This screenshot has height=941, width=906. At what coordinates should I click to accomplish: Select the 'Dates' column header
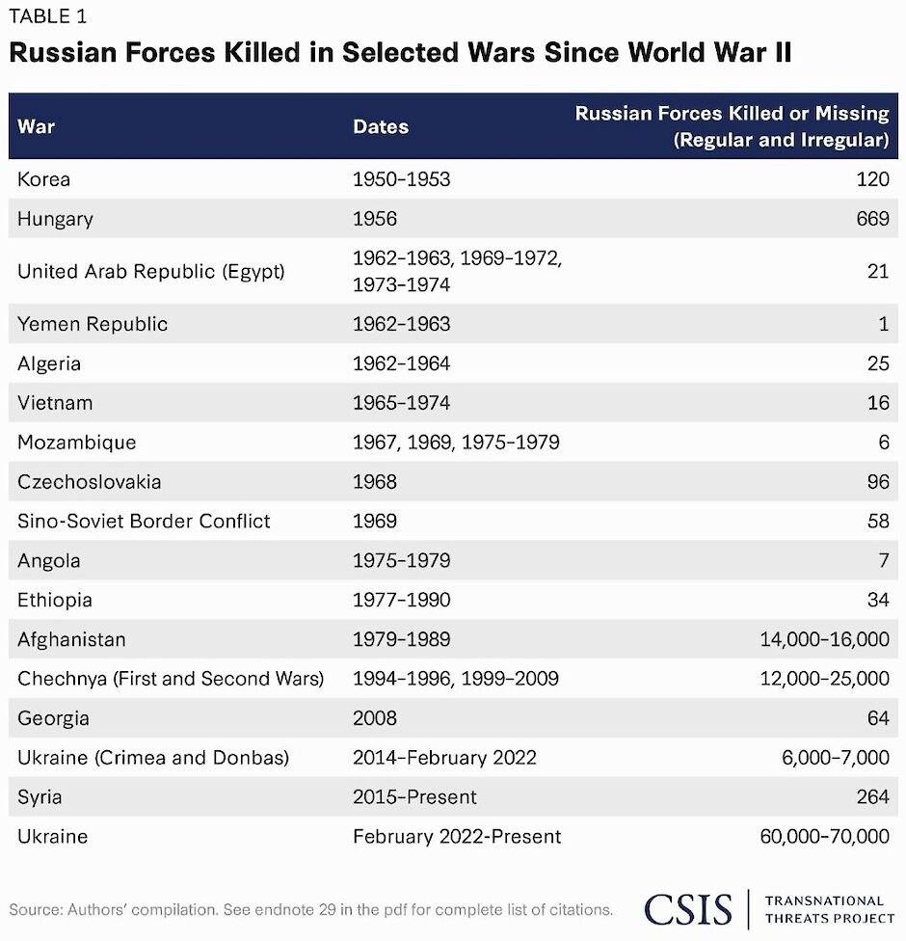[x=381, y=126]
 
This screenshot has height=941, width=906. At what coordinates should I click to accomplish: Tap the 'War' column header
[x=36, y=126]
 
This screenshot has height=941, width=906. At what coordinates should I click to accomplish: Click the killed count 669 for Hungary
[x=871, y=219]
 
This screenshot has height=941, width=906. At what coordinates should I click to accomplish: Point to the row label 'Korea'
[x=43, y=179]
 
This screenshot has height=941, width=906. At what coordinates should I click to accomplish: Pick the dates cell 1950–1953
[x=401, y=179]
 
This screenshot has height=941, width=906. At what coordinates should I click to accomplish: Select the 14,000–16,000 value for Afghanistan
[x=824, y=639]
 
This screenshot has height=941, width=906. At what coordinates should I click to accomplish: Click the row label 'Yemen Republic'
[x=93, y=324]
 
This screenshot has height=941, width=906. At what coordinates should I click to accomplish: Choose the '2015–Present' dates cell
[x=414, y=797]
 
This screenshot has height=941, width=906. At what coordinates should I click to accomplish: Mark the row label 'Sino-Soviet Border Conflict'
[x=144, y=521]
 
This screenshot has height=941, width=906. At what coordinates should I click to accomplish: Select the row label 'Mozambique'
[x=76, y=443]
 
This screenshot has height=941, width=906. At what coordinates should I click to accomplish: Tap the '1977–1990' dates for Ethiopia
[x=401, y=600]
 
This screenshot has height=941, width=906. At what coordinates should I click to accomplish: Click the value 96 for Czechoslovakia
[x=878, y=481]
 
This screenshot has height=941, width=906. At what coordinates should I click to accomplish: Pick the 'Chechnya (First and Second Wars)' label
[x=171, y=679]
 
